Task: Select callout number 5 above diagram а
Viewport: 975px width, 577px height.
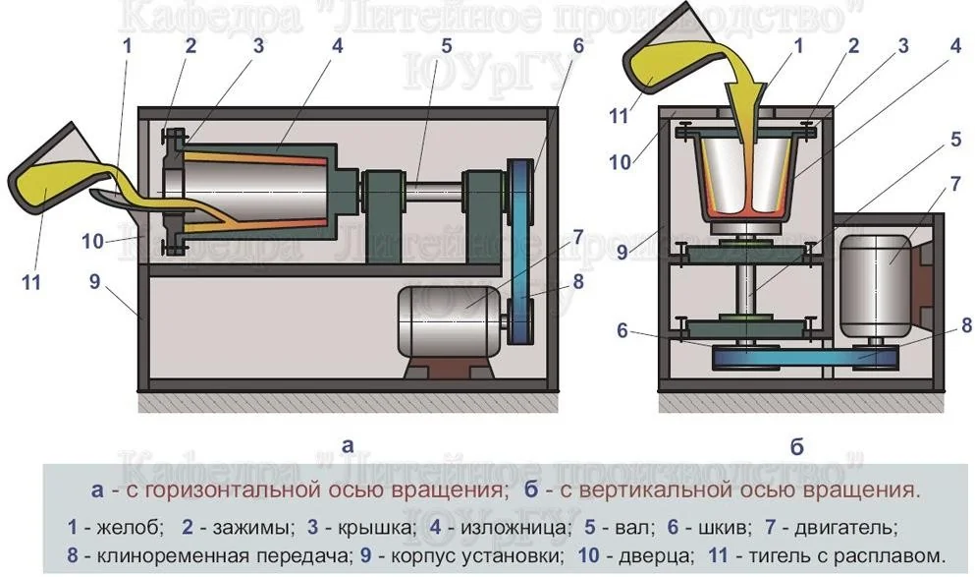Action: coord(446,44)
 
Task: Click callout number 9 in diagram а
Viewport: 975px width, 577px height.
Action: coord(94,282)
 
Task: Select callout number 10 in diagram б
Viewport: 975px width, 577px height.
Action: coord(621,161)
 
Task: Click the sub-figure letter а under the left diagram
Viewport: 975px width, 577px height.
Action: coord(347,444)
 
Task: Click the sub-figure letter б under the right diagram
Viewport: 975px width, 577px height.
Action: coord(796,448)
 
